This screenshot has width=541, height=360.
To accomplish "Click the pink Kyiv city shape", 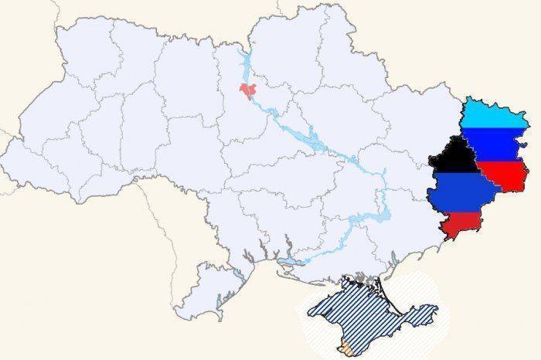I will click(247, 93).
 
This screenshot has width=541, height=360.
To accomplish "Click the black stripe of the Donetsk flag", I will click(454, 157).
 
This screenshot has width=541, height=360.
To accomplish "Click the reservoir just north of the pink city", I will click(245, 66).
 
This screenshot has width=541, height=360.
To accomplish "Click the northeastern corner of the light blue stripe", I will click(525, 114).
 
